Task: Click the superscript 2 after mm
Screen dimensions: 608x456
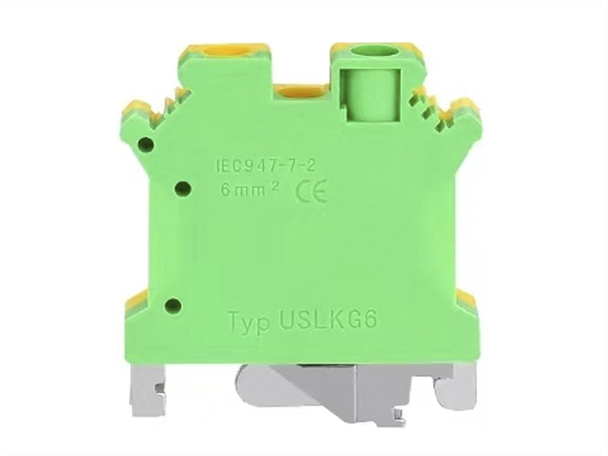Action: click(x=275, y=186)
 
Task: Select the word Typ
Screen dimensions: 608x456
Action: click(x=250, y=322)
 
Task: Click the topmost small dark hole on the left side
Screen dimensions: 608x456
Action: click(x=147, y=145)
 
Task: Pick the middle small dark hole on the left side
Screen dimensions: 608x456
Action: click(x=183, y=189)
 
